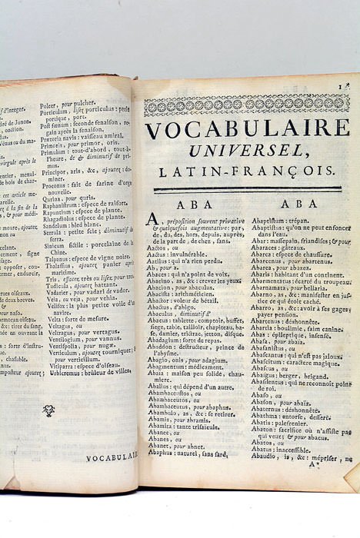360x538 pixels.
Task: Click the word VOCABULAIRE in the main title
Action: click(x=247, y=129)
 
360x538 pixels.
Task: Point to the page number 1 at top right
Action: click(x=348, y=86)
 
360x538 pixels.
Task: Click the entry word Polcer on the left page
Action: click(x=68, y=101)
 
